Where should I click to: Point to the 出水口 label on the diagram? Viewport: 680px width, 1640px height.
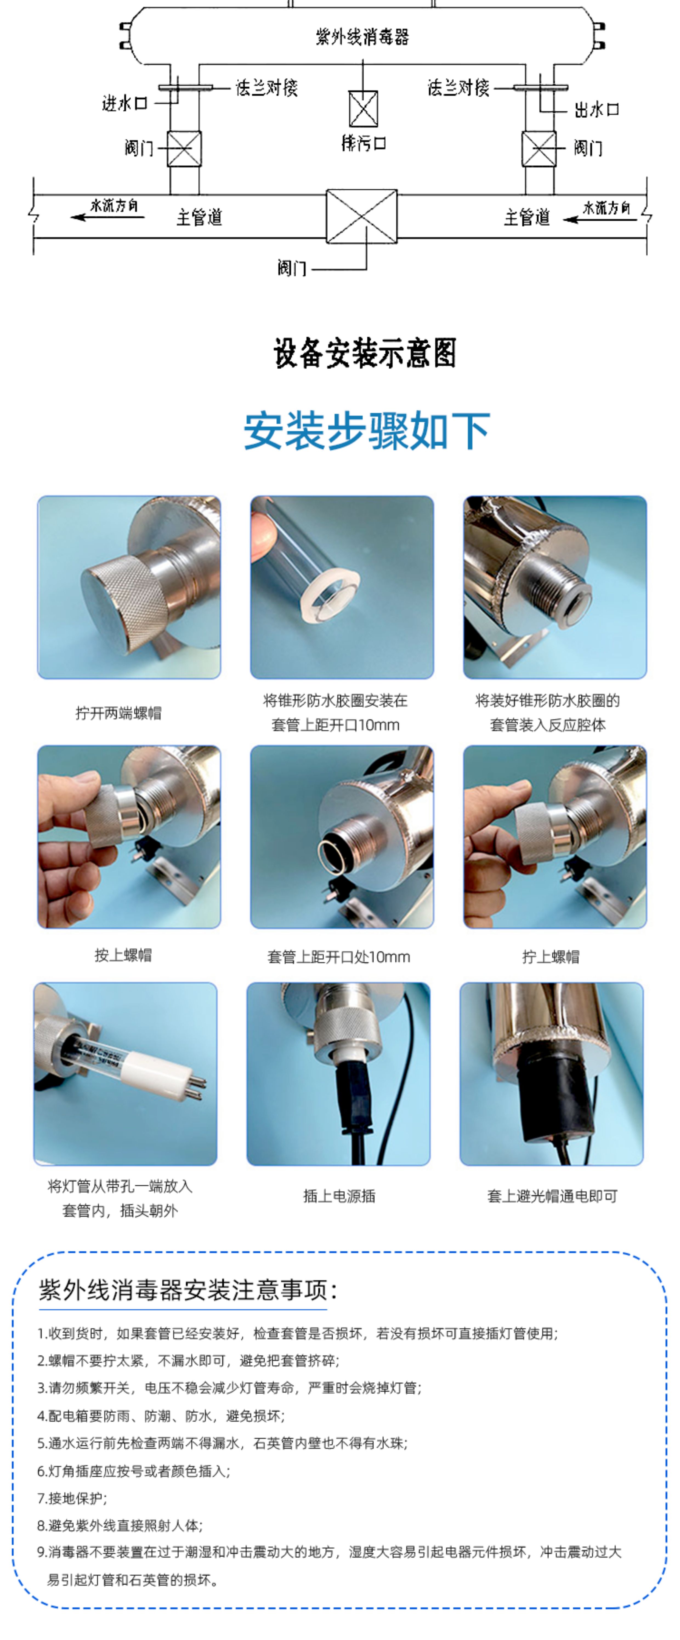pyautogui.click(x=597, y=110)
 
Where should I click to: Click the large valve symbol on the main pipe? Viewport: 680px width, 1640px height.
pyautogui.click(x=362, y=216)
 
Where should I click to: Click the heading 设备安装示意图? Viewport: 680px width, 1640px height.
pyautogui.click(x=365, y=353)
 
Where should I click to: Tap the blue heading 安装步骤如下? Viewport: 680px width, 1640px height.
pyautogui.click(x=367, y=431)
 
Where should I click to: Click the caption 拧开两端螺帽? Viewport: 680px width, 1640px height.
pyautogui.click(x=118, y=713)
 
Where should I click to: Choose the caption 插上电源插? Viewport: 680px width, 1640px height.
pyautogui.click(x=339, y=1196)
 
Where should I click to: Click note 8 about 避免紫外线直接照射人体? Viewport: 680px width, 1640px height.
pyautogui.click(x=120, y=1525)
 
